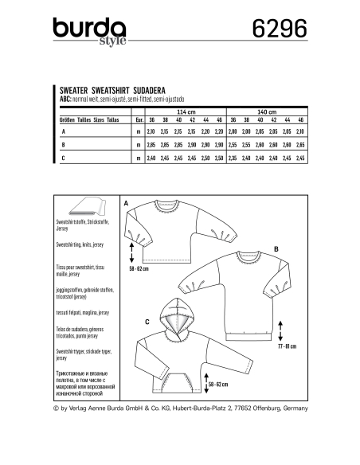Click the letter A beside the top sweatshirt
127,205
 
